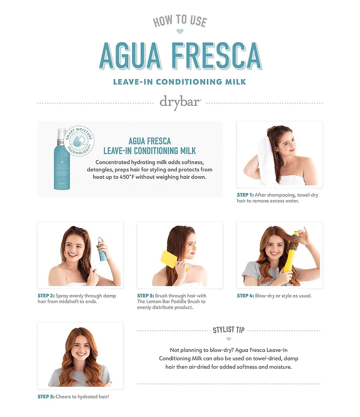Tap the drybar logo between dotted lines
click(x=180, y=102)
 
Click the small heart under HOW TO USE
click(x=180, y=31)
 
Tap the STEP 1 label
click(x=245, y=195)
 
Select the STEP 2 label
click(x=46, y=296)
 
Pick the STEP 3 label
click(x=145, y=296)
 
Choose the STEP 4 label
click(x=245, y=296)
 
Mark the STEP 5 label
click(x=46, y=396)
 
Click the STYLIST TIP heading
click(x=229, y=330)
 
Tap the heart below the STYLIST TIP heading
click(x=229, y=339)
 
